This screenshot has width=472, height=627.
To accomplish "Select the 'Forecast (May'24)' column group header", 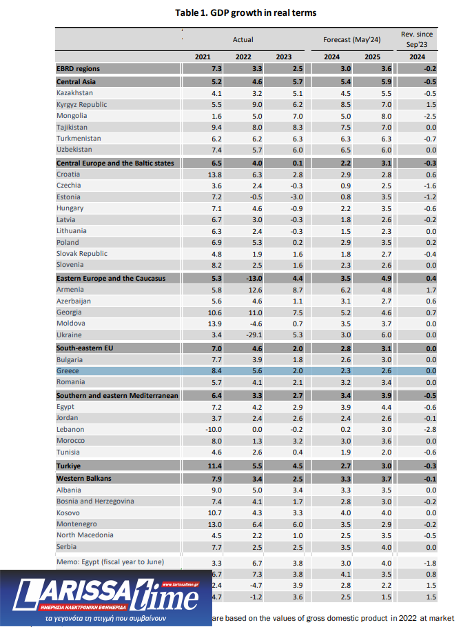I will [x=351, y=40].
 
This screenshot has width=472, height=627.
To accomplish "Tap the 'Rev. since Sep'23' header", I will [x=418, y=39].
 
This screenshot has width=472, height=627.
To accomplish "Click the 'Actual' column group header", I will [x=243, y=40].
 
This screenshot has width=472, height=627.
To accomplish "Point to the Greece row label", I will [x=68, y=371].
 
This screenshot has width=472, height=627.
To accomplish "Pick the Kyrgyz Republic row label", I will [x=81, y=104].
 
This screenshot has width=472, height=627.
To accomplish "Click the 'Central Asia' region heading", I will [x=76, y=81].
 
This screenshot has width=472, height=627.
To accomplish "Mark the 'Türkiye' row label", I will [x=70, y=466].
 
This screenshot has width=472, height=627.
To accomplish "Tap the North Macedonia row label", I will [x=85, y=535].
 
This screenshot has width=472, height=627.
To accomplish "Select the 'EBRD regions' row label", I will [x=78, y=69].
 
